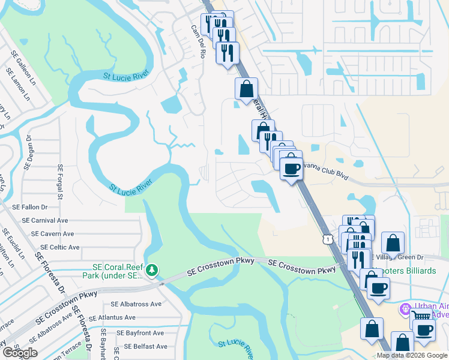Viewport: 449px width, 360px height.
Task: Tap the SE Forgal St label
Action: tap(60, 182)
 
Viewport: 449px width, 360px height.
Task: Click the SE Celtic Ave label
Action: tap(59, 247)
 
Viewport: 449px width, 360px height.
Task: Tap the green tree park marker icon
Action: tap(152, 271)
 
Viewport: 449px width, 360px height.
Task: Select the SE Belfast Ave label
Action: tap(145, 346)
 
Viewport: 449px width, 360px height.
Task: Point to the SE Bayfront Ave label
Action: tap(140, 332)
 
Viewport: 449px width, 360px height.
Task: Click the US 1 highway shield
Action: tap(327, 239)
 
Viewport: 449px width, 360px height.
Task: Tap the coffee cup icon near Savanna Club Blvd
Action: tap(292, 169)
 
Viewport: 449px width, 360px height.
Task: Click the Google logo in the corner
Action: tap(19, 353)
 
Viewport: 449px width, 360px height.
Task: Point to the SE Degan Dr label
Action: tap(28, 152)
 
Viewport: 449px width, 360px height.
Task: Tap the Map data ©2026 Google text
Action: tap(412, 355)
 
